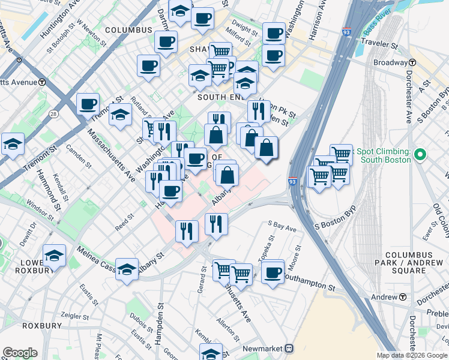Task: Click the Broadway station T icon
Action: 413,63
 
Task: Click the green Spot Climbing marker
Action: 420,155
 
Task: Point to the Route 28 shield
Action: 54,114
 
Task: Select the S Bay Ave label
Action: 282,229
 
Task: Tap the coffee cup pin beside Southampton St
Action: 273,271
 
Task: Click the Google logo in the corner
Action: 20,353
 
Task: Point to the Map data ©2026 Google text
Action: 411,355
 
